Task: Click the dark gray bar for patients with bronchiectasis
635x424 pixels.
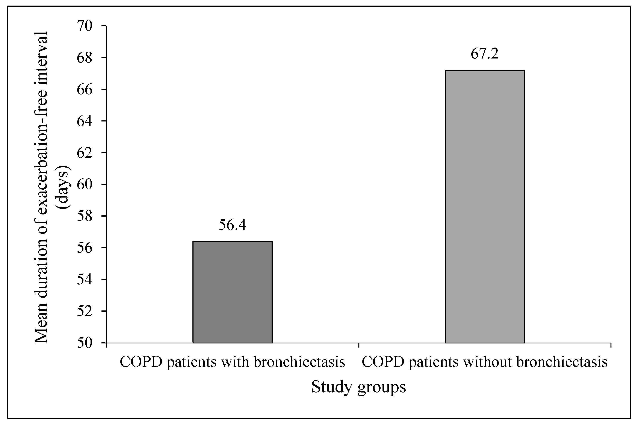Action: point(232,292)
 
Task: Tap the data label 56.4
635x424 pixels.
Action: point(232,225)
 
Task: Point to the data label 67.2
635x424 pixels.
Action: point(484,54)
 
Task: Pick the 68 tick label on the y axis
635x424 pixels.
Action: point(85,58)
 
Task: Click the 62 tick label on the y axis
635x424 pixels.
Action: point(85,153)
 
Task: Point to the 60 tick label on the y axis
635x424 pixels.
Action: point(85,184)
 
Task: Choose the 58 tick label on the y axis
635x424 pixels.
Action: point(85,216)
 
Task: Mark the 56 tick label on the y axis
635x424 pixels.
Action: point(85,248)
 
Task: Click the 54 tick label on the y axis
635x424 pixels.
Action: point(85,279)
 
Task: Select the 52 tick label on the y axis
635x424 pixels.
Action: point(85,311)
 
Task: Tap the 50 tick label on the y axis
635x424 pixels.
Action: point(85,343)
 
